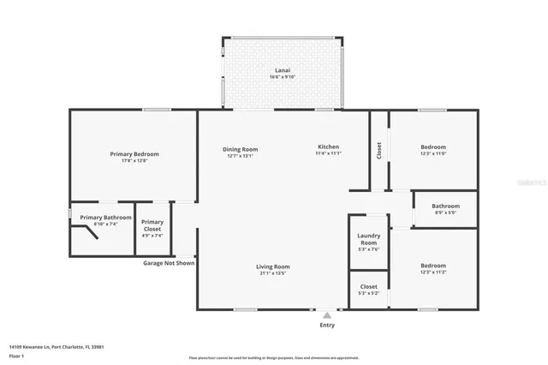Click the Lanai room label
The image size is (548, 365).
282,69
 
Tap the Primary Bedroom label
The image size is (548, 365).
134,154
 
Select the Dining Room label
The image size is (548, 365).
241,148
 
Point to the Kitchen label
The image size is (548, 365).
328,147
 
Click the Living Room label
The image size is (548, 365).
273,266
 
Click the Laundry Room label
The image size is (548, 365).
368,239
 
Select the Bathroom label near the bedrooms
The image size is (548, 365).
445,206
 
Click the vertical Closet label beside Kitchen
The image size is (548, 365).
379,150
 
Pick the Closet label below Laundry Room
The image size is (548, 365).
368,286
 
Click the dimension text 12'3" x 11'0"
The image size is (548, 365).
433,154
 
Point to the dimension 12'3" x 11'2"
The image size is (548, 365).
433,272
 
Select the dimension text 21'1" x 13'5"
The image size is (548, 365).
273,273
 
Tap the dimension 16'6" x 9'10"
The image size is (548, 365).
282,77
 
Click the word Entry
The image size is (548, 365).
327,325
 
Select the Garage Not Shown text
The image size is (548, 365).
169,263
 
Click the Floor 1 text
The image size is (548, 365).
16,356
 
